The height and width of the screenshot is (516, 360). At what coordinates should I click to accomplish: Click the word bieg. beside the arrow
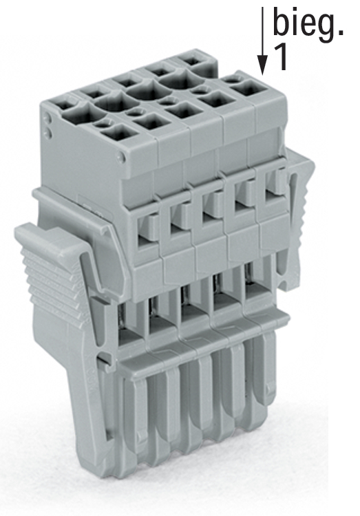[x=308, y=26]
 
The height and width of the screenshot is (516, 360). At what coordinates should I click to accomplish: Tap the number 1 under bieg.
[x=280, y=57]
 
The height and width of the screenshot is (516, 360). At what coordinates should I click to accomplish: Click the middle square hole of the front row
[x=184, y=110]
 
